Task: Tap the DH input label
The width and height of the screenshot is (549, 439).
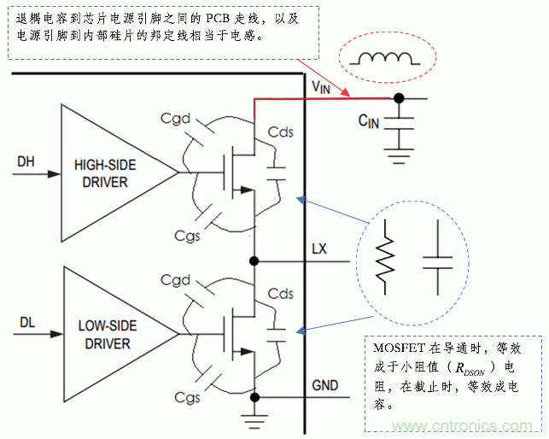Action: [x=26, y=160]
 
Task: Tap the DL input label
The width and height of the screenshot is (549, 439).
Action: [x=26, y=322]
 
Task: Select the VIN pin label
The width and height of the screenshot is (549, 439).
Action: [x=321, y=86]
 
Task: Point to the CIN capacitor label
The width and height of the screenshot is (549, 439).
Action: [x=369, y=121]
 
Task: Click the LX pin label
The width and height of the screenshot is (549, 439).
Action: [x=319, y=249]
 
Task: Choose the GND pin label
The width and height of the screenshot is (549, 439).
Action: [x=324, y=386]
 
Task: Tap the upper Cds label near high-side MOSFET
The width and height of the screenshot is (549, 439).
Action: [x=280, y=132]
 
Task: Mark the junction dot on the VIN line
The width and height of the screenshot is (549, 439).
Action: [x=399, y=98]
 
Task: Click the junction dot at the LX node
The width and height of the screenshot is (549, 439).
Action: [x=254, y=260]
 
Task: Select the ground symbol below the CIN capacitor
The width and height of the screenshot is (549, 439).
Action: [x=399, y=156]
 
